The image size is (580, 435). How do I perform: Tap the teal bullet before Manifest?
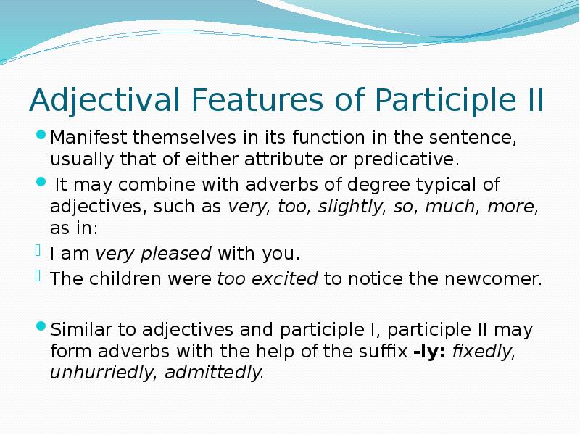click(41, 136)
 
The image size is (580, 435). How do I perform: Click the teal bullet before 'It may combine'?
click(41, 183)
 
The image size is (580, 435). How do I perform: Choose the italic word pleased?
click(175, 254)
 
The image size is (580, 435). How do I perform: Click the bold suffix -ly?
click(431, 352)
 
